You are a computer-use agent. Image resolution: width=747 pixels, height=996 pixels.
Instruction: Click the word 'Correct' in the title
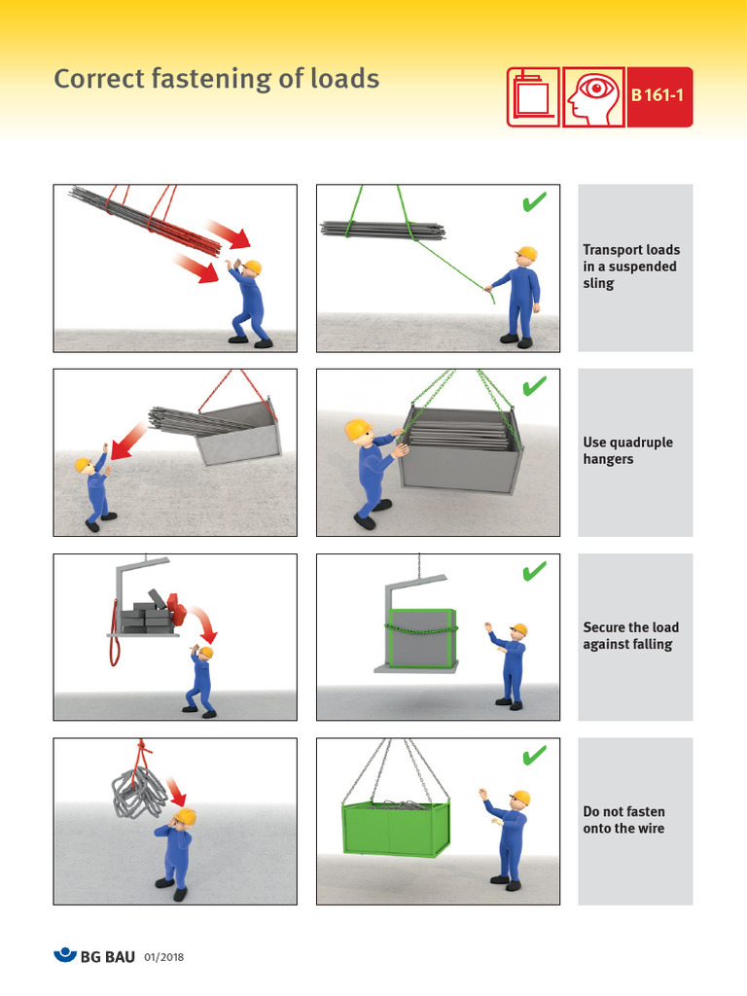(98, 79)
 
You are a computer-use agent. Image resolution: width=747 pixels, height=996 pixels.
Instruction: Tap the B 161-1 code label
(659, 96)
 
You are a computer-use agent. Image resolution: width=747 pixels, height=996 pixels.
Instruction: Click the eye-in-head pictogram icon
(592, 96)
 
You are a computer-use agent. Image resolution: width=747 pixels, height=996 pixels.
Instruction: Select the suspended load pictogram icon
(533, 96)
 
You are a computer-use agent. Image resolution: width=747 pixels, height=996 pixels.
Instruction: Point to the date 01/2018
(164, 957)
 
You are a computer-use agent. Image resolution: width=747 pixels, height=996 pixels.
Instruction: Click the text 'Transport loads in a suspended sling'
(630, 267)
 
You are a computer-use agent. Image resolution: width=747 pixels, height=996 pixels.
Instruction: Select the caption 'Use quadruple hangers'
(627, 450)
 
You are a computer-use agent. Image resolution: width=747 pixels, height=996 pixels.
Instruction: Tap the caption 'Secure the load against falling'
(630, 635)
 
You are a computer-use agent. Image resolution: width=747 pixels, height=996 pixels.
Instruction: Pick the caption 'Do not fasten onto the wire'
(623, 820)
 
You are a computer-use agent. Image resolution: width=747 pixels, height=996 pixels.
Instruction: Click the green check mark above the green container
(534, 755)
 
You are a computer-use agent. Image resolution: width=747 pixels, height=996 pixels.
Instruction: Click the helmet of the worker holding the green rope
(526, 255)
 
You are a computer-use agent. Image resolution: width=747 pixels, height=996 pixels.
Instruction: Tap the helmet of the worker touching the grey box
(357, 429)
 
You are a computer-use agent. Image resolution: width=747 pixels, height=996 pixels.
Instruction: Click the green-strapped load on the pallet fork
(420, 637)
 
